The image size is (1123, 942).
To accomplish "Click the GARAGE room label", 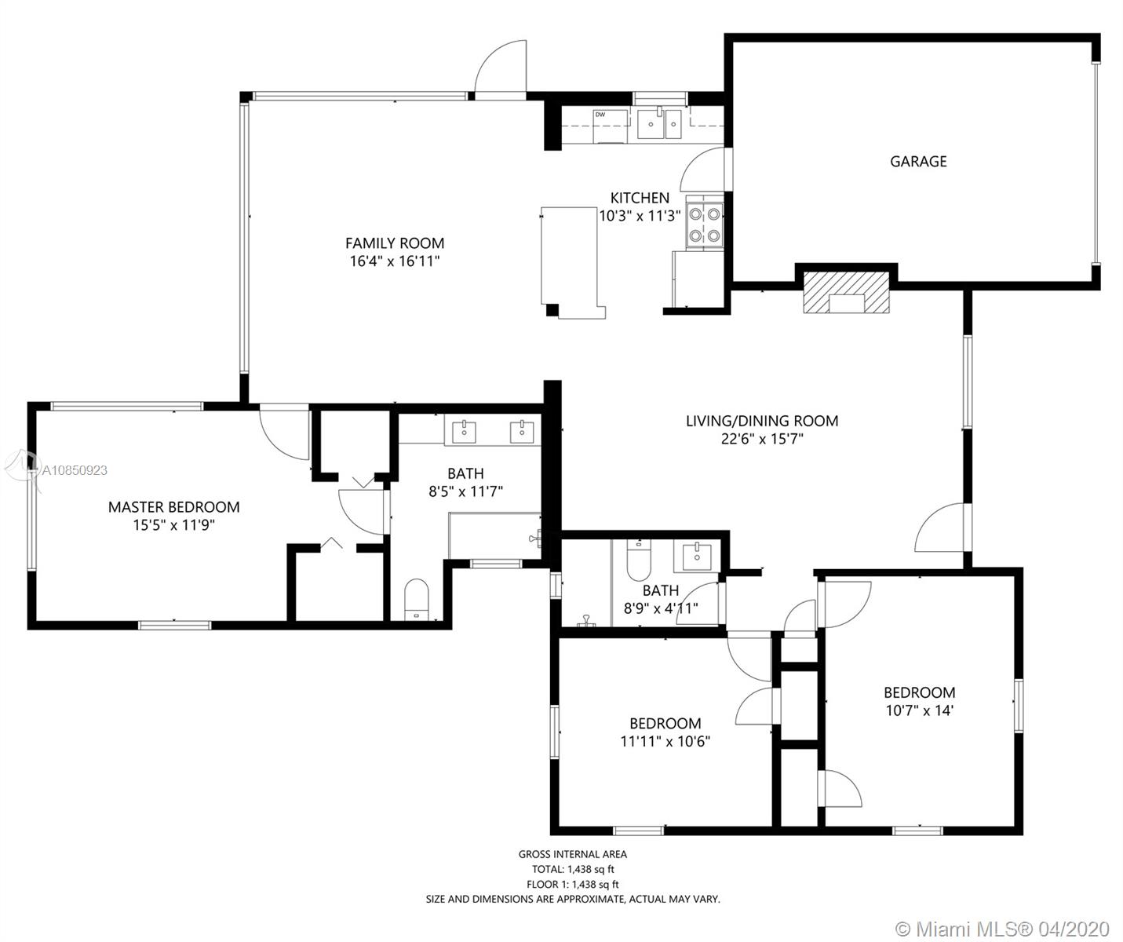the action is tap(918, 162).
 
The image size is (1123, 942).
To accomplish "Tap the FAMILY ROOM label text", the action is tap(395, 243).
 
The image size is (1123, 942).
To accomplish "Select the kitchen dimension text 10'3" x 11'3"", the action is tap(640, 216).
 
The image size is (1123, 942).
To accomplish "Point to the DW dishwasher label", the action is tap(600, 115).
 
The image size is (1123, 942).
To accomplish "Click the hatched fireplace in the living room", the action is tap(846, 292).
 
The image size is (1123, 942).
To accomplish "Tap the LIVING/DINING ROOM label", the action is tap(762, 421).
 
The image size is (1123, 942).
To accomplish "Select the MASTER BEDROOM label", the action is tap(173, 507).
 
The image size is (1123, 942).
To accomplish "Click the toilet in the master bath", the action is tap(416, 599).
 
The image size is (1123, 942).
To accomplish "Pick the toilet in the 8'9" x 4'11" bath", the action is tap(639, 560).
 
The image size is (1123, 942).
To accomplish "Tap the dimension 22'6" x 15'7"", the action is tap(762, 439).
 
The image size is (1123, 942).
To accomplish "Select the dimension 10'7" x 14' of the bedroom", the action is tap(920, 710).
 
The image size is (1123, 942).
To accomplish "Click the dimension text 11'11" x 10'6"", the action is tap(665, 741).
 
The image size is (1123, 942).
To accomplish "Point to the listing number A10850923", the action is tap(75, 470).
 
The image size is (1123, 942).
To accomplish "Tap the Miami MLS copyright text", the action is tap(1002, 929).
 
